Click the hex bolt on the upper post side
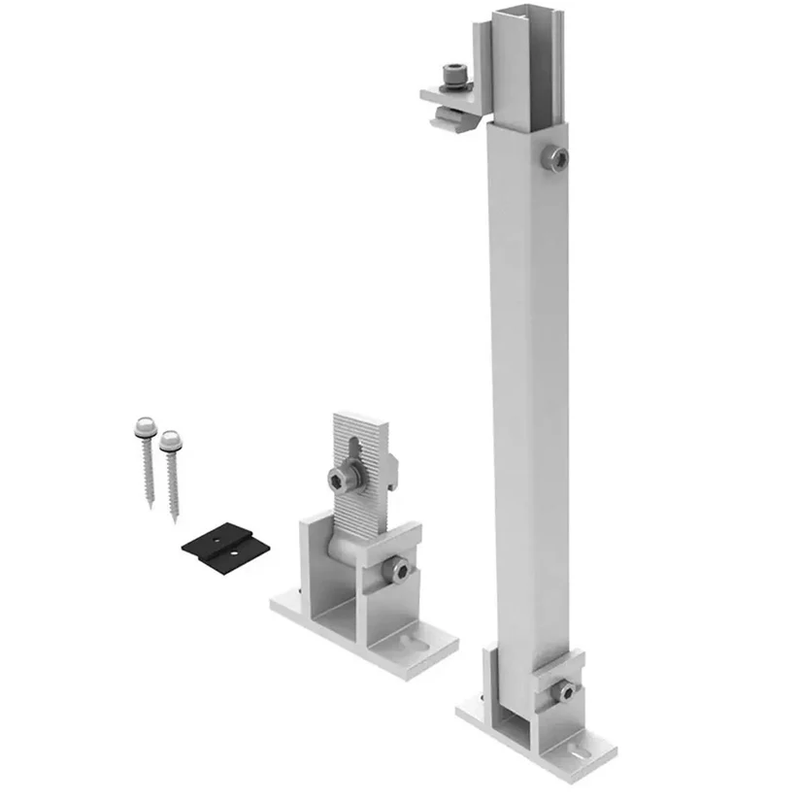(x=554, y=158)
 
